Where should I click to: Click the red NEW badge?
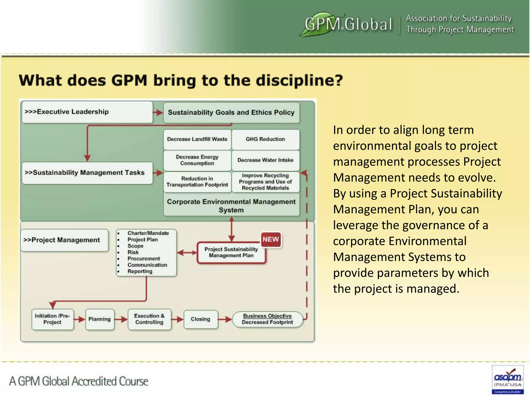pyautogui.click(x=271, y=239)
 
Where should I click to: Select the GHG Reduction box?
pyautogui.click(x=266, y=139)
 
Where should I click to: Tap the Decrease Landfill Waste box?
pyautogui.click(x=197, y=139)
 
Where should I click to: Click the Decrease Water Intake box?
pyautogui.click(x=266, y=160)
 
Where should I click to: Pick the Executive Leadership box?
pyautogui.click(x=87, y=112)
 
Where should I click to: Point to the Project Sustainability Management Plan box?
pyautogui.click(x=231, y=253)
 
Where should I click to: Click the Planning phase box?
pyautogui.click(x=100, y=319)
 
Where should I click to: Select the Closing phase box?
pyautogui.click(x=201, y=319)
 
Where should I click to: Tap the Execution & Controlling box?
pyautogui.click(x=149, y=319)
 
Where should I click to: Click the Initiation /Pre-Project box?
pyautogui.click(x=53, y=319)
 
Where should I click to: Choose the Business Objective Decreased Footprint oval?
pyautogui.click(x=267, y=319)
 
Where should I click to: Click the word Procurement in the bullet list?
pyautogui.click(x=144, y=259)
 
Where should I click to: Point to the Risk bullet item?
pyautogui.click(x=133, y=252)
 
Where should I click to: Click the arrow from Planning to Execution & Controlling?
pyautogui.click(x=121, y=319)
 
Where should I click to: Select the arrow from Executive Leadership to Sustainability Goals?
pyautogui.click(x=158, y=112)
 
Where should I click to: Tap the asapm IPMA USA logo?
pyautogui.click(x=507, y=379)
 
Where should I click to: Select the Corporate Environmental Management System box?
pyautogui.click(x=231, y=206)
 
